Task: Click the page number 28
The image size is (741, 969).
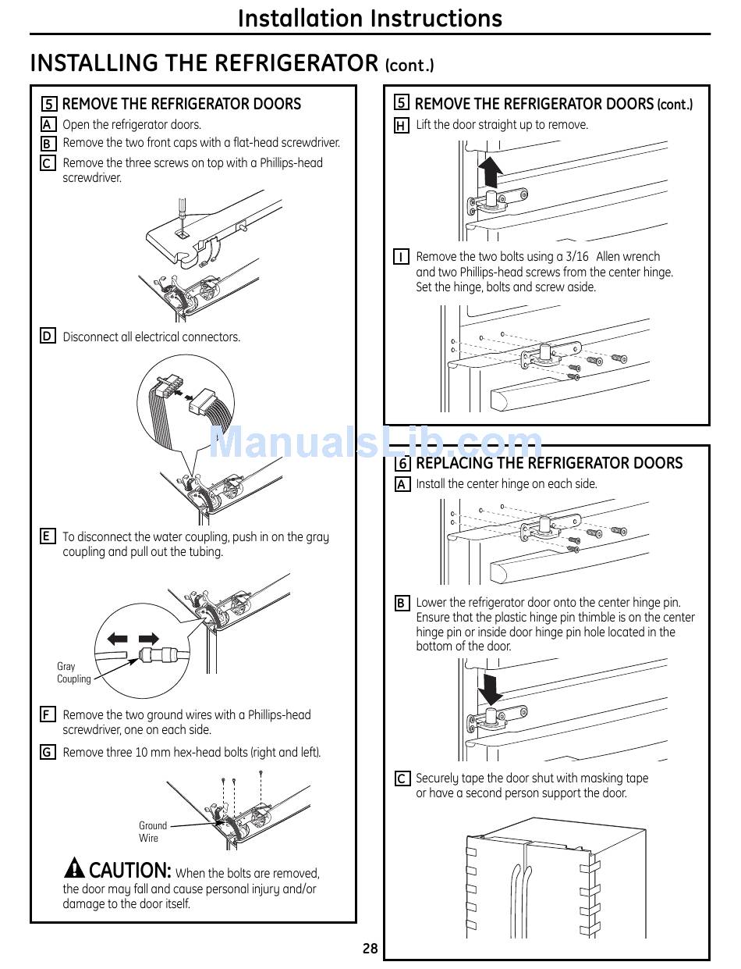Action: [370, 949]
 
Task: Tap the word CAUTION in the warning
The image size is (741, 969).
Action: [129, 870]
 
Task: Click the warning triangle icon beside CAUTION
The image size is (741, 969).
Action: [74, 867]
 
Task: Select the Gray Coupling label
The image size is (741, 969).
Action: [73, 672]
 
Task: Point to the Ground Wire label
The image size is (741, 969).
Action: [152, 832]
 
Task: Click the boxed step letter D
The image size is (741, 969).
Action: [48, 337]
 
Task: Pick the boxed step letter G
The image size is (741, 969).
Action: [48, 752]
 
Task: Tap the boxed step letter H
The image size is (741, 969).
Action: [401, 125]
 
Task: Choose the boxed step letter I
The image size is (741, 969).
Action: [401, 257]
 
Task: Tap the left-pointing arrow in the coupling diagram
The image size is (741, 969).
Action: [118, 639]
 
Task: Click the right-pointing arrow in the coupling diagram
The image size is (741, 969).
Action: [148, 639]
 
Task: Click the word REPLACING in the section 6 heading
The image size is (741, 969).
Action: [459, 463]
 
